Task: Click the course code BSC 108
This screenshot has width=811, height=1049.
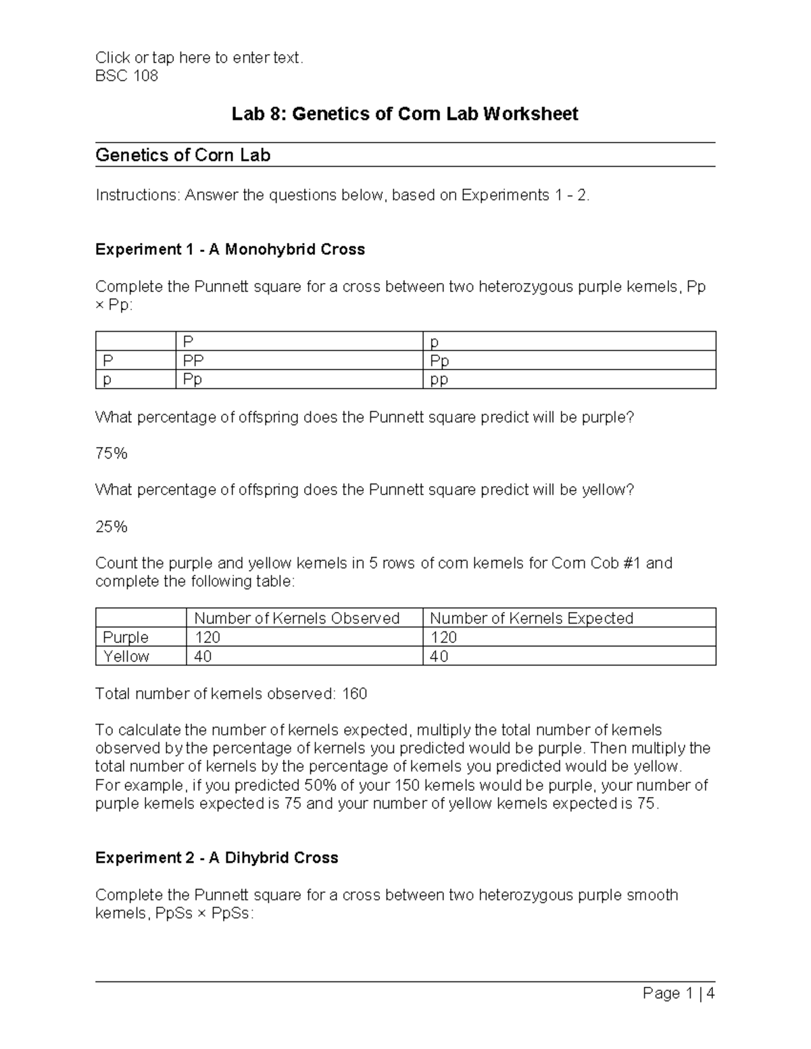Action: [x=126, y=76]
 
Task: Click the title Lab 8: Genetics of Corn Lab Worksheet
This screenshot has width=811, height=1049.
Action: [x=405, y=113]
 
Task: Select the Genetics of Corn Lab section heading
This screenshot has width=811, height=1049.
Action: [x=182, y=155]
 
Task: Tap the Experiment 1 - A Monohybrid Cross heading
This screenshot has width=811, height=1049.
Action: [x=230, y=249]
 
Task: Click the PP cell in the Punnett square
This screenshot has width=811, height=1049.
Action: [x=193, y=361]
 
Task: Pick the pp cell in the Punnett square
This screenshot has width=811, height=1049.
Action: [x=439, y=380]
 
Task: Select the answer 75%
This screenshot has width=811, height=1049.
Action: [x=112, y=453]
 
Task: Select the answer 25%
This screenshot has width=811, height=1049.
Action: [x=112, y=526]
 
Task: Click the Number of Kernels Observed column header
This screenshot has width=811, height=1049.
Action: [x=297, y=618]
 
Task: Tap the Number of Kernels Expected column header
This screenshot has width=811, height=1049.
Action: [x=531, y=618]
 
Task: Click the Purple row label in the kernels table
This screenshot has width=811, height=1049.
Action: [x=126, y=637]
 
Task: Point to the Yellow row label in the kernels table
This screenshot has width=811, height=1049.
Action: [x=126, y=656]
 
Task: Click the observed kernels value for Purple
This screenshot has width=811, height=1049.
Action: [x=207, y=637]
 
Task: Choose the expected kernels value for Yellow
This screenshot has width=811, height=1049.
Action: [x=439, y=656]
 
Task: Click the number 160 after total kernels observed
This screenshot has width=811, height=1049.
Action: [x=355, y=694]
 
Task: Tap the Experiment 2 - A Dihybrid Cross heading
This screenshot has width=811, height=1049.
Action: [x=216, y=858]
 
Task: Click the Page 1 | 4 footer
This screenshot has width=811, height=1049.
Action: [x=678, y=993]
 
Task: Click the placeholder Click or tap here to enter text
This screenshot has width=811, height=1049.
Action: [x=199, y=57]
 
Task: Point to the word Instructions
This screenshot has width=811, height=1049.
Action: [x=137, y=195]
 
